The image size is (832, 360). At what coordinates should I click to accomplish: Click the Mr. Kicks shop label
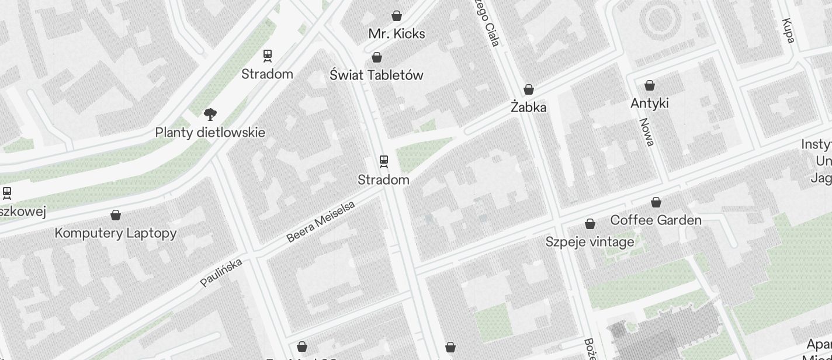(397, 34)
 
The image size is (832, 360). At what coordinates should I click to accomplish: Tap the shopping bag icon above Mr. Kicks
(397, 16)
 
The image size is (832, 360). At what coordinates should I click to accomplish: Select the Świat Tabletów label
(376, 75)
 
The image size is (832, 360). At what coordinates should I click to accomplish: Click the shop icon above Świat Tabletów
(377, 57)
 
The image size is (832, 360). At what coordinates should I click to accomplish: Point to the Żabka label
(529, 108)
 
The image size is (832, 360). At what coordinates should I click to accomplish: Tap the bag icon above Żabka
(529, 89)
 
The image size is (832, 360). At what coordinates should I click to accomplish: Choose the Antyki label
(650, 103)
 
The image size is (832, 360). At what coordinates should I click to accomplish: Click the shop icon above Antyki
(650, 85)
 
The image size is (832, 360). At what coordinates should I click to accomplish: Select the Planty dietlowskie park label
(210, 133)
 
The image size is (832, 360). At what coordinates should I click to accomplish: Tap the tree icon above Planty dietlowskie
(210, 114)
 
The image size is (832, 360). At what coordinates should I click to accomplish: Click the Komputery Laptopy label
(116, 233)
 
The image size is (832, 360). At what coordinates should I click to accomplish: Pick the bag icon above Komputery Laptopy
(116, 215)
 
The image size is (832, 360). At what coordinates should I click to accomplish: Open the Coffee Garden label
(656, 220)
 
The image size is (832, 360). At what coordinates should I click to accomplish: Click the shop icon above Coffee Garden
(656, 202)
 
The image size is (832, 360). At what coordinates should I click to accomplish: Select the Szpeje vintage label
(590, 242)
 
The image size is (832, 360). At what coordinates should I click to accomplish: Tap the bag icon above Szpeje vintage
(590, 224)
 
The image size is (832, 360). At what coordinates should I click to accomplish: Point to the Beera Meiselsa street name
(321, 221)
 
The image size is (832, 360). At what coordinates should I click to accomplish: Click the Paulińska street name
(221, 273)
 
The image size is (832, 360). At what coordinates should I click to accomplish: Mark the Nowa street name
(646, 131)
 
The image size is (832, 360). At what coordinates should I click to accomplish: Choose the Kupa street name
(788, 30)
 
